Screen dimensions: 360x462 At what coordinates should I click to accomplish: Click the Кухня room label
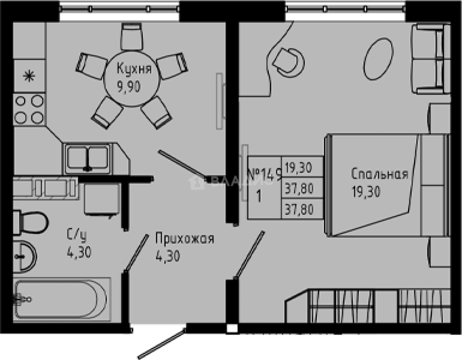click(x=134, y=69)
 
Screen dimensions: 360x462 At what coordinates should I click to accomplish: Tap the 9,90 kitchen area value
click(x=129, y=87)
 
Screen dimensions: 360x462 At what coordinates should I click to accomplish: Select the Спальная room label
click(x=379, y=174)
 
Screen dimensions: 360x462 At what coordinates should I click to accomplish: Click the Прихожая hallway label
click(x=184, y=238)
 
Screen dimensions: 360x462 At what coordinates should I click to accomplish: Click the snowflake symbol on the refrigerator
click(x=28, y=76)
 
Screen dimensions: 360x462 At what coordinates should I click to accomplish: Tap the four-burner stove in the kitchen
click(x=29, y=109)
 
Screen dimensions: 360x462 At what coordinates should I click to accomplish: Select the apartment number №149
click(x=265, y=174)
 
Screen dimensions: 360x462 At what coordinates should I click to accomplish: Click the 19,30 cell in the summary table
click(x=298, y=168)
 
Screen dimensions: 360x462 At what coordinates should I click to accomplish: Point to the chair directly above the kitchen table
click(x=132, y=36)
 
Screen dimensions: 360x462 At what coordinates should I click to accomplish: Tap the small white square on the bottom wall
click(x=232, y=328)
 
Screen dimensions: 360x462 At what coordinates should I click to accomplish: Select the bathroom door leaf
click(x=135, y=253)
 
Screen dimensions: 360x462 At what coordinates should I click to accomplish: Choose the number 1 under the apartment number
click(x=259, y=196)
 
